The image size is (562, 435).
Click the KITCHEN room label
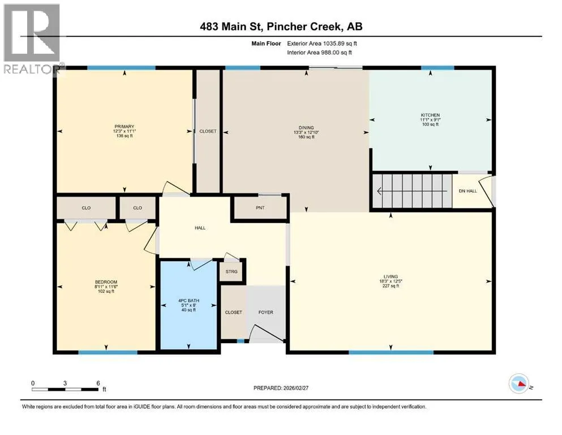coord(430,115)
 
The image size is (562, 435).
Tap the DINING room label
coord(306,127)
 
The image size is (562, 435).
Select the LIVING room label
coord(391,276)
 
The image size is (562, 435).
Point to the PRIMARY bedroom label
coord(125,126)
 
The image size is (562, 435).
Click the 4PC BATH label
coord(188,301)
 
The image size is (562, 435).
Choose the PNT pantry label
coord(260,208)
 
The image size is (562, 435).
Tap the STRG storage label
coord(231,271)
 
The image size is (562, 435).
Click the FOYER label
coord(265,312)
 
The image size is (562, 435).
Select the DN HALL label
coord(467,191)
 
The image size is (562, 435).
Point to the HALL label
coord(200,228)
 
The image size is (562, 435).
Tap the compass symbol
coord(518,383)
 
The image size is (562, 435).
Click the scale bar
coord(65,389)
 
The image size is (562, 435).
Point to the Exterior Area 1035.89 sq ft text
coord(322,44)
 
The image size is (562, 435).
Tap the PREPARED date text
coord(281,388)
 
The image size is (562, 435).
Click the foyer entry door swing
coord(267,334)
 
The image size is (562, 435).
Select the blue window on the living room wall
coord(391,352)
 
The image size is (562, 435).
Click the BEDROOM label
coord(106,282)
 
